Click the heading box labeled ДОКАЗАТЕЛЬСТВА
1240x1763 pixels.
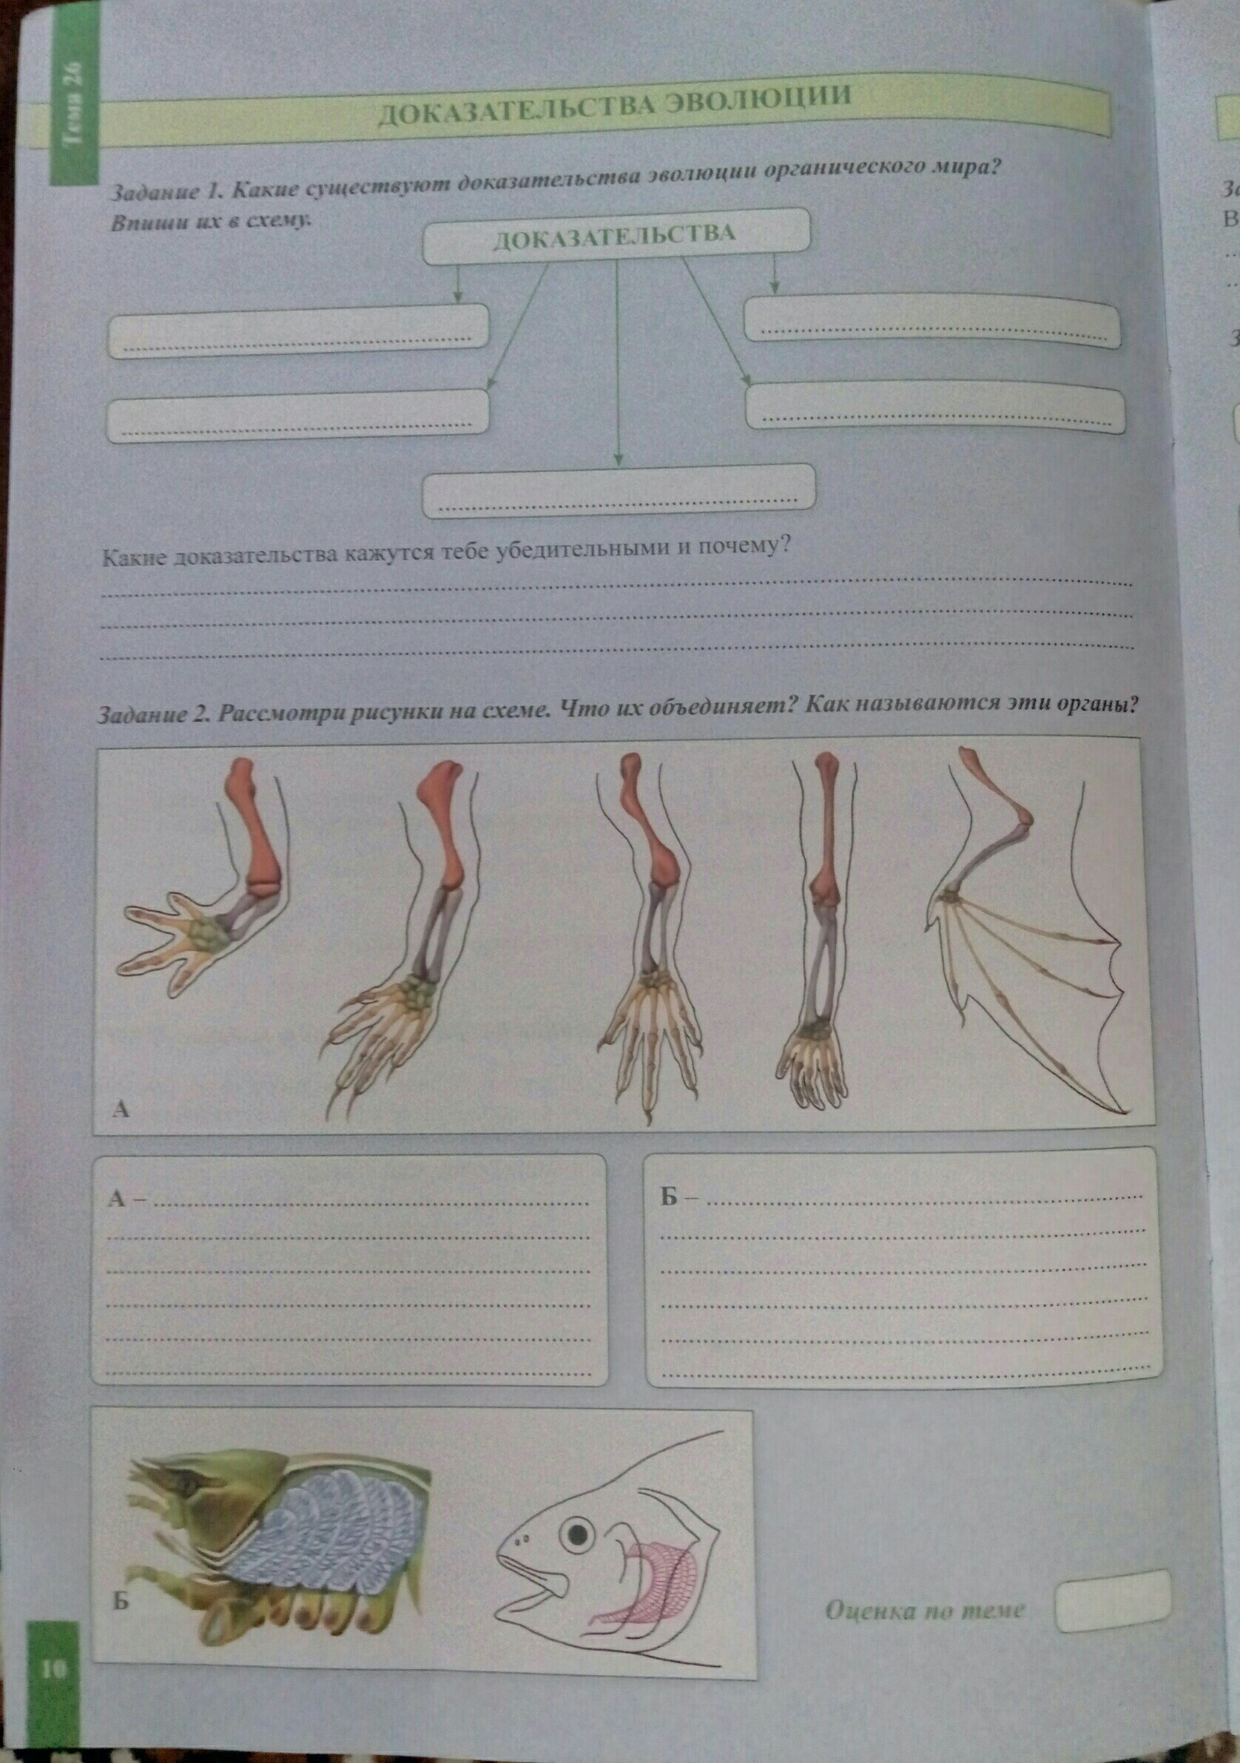pos(616,235)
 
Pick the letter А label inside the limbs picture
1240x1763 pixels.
pos(121,1108)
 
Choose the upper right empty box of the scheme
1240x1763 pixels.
pos(932,319)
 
